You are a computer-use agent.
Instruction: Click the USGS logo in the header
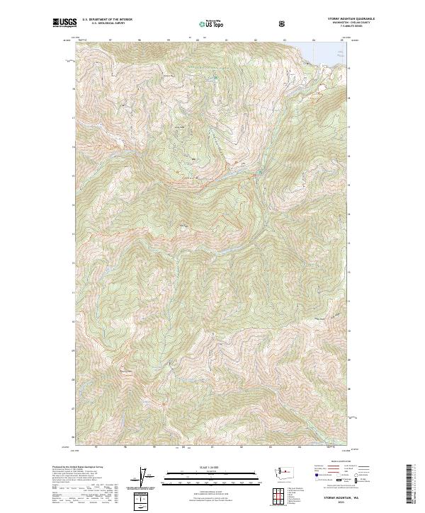64,23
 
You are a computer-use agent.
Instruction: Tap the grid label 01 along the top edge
226,40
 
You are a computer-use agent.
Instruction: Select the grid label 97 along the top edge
110,40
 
